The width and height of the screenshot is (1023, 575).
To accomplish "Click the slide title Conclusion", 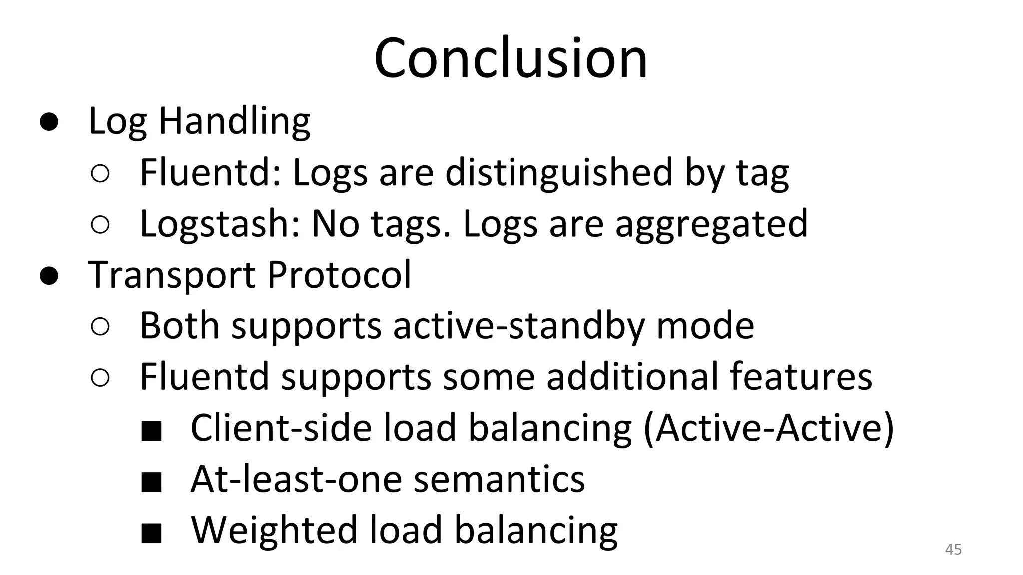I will [x=511, y=58].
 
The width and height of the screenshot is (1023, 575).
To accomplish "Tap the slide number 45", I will [x=953, y=550].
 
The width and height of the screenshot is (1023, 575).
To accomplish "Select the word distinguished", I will [x=559, y=173].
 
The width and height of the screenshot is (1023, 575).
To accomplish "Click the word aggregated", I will [x=711, y=224].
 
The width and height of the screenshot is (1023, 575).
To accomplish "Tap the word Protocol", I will [x=339, y=275].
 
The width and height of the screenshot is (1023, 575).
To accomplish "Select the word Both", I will [x=179, y=326].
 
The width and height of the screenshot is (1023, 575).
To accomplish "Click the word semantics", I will [x=499, y=479].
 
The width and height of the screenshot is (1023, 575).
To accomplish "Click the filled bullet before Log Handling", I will [x=50, y=122].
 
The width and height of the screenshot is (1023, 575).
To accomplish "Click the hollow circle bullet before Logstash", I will [x=100, y=225].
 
